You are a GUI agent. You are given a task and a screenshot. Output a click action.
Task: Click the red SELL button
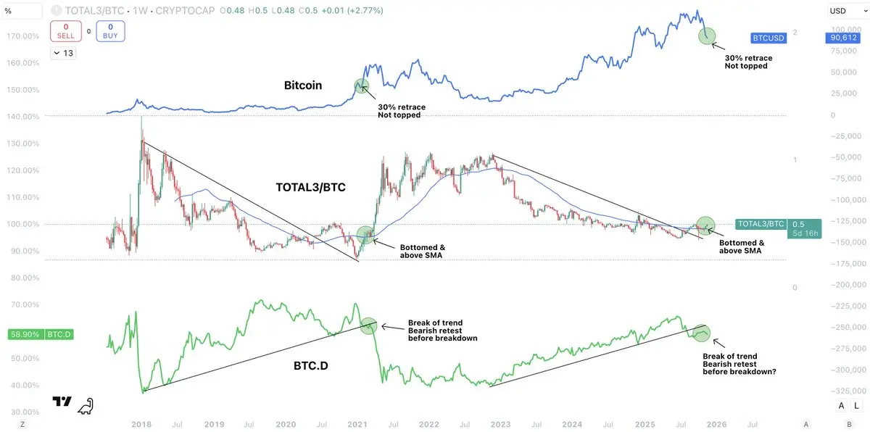click(x=65, y=31)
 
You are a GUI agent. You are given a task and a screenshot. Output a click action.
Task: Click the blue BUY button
click(x=110, y=31)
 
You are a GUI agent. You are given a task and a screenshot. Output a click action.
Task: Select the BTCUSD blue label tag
click(x=771, y=36)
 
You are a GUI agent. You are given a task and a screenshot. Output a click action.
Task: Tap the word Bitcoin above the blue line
click(x=302, y=86)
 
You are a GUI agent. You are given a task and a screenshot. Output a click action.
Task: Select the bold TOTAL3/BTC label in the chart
click(x=311, y=186)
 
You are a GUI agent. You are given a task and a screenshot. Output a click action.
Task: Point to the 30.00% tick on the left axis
click(x=23, y=412)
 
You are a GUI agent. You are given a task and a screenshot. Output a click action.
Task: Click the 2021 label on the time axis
click(x=357, y=423)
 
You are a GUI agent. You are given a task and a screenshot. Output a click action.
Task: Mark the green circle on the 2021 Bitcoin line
click(x=363, y=86)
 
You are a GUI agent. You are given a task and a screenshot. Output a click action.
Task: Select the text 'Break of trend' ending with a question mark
click(x=729, y=356)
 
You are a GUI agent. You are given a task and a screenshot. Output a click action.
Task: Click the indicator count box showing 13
click(x=63, y=53)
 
